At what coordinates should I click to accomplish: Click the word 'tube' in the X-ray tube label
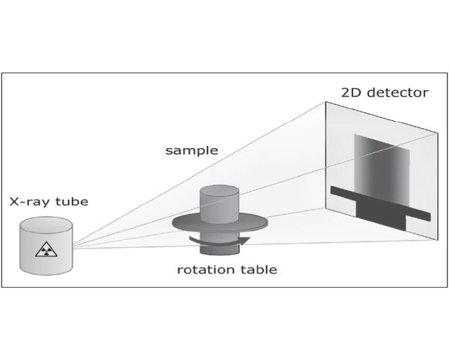pyautogui.click(x=72, y=202)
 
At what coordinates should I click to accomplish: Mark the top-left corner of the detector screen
pyautogui.click(x=325, y=102)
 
